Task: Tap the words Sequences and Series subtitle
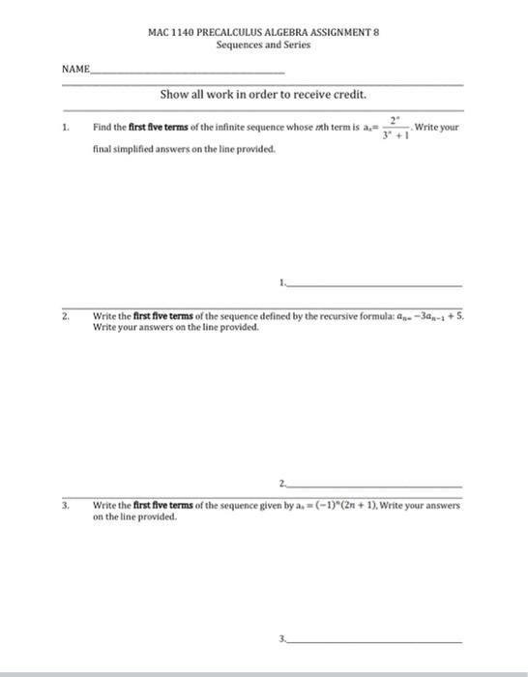[263, 44]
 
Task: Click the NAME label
[74, 70]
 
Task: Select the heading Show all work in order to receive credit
[263, 95]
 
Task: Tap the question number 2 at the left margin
[66, 315]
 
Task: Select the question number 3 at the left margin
[66, 505]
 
